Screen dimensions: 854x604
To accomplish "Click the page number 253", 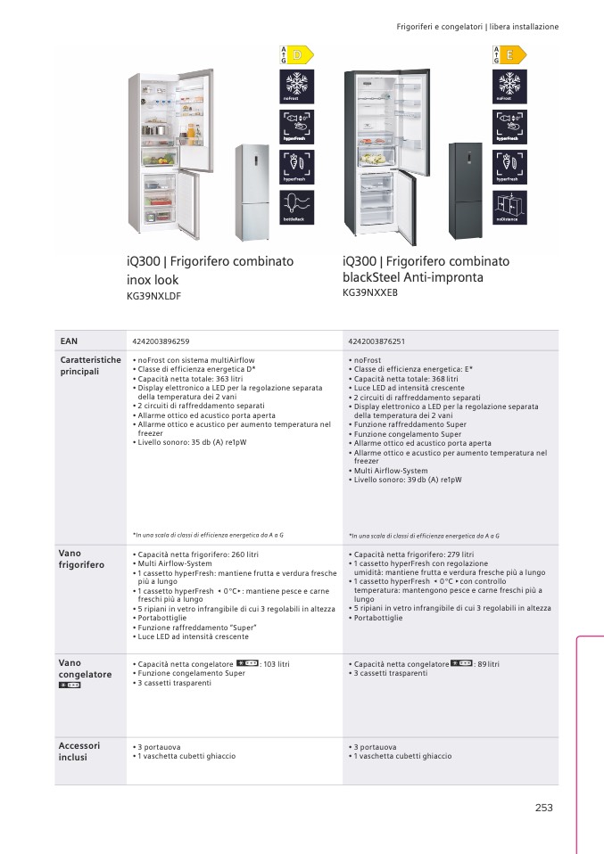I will point(544,808).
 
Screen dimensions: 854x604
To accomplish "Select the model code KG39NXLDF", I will point(154,296).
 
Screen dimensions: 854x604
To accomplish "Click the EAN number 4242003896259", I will point(161,341).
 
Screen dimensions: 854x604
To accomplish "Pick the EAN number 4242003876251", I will point(376,341).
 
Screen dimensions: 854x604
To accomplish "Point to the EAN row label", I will point(69,341).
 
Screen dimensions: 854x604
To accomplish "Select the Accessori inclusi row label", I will point(79,751).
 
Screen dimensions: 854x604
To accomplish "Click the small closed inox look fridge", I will point(252,193).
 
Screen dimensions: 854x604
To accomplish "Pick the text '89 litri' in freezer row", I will point(488,664).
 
